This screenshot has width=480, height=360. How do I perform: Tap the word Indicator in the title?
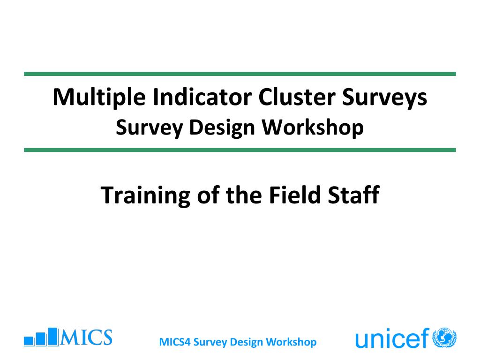click(202, 97)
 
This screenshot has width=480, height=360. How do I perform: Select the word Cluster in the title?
click(297, 97)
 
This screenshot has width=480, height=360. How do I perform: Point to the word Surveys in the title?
click(384, 98)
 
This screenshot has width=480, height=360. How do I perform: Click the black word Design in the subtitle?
click(222, 128)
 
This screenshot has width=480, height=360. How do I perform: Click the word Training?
click(145, 196)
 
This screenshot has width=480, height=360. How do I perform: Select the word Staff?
click(353, 195)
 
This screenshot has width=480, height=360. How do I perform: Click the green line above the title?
click(240, 74)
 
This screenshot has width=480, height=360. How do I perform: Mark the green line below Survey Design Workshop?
click(240, 150)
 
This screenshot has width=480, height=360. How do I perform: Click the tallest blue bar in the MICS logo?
click(53, 337)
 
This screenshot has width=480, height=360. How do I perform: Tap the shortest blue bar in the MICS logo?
click(29, 341)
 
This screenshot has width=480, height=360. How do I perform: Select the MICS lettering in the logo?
click(86, 337)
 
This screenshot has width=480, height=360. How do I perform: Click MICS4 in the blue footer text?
click(175, 342)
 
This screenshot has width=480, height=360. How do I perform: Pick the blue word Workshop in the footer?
click(291, 342)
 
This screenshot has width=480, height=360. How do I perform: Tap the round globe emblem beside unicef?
click(444, 337)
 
